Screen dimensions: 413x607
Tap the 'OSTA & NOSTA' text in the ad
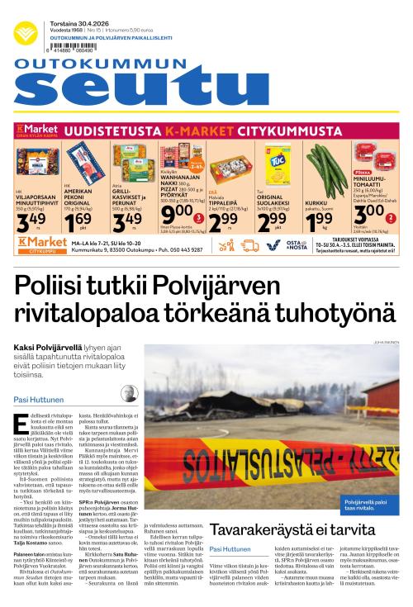tap(295, 245)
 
